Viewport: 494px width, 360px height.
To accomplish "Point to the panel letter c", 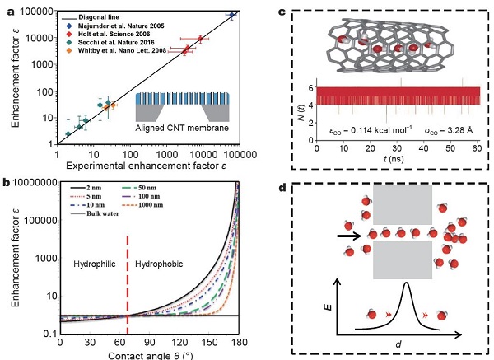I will [x=283, y=12].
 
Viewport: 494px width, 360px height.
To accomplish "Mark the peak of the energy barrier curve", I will [x=405, y=285].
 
